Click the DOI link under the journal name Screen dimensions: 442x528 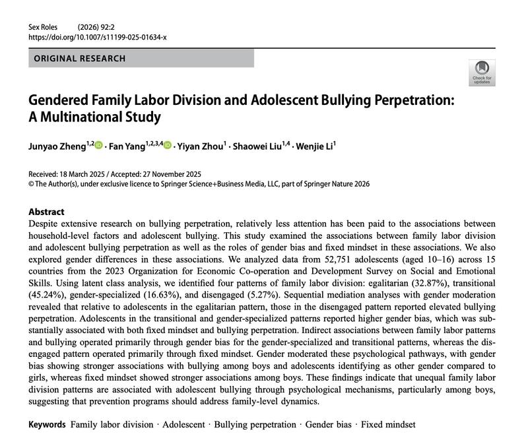98,38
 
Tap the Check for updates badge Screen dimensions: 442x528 481,72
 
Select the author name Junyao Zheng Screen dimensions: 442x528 55,145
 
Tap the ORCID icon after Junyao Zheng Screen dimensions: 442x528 99,145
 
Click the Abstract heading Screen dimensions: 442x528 46,212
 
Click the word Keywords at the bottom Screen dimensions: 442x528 47,424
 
